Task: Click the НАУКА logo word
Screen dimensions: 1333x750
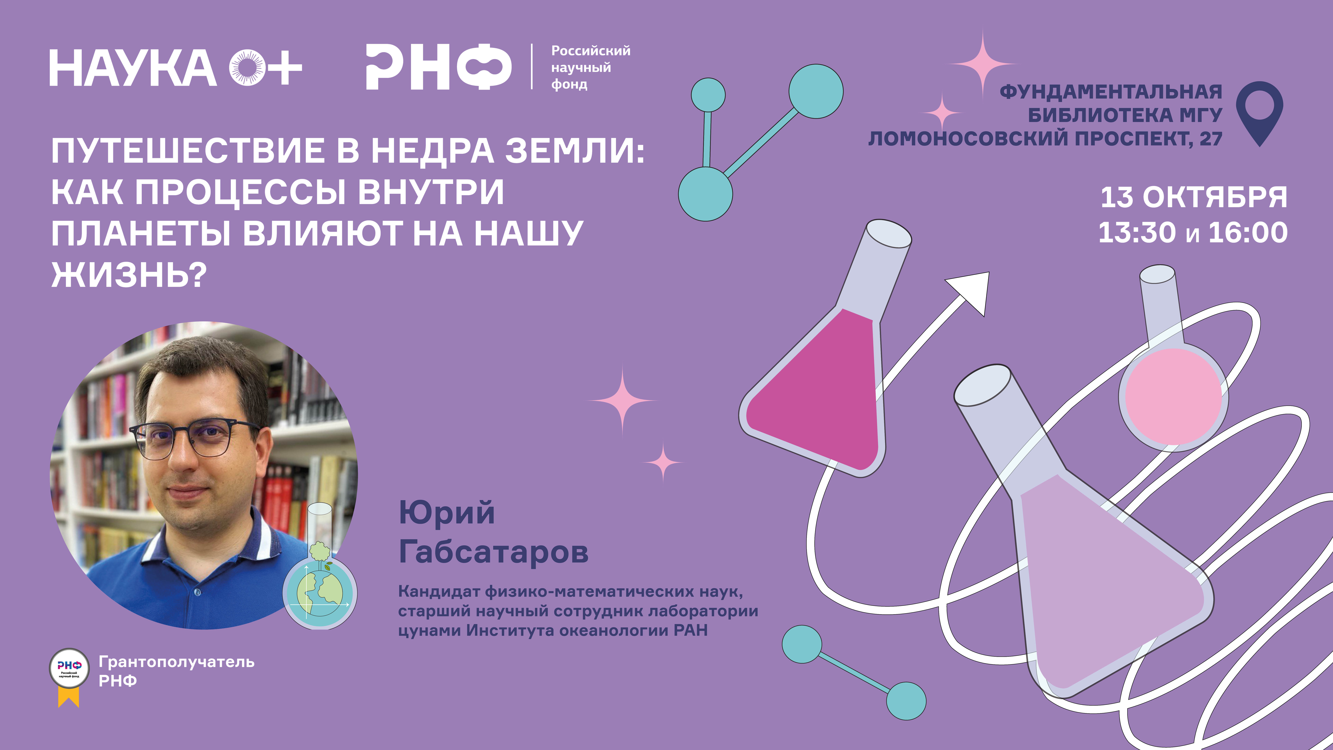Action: pos(133,68)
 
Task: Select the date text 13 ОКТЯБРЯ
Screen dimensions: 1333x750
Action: pos(1193,197)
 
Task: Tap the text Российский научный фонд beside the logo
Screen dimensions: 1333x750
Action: pos(591,67)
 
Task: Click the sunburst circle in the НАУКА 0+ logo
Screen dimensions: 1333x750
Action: pos(247,68)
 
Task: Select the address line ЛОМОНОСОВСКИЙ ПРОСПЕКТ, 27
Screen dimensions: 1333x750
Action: pos(1045,139)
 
